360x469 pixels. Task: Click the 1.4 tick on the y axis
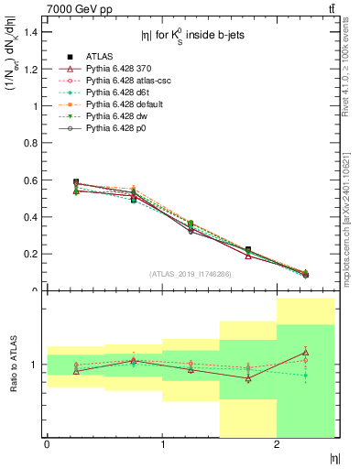[32, 32]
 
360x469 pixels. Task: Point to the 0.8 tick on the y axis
[32, 143]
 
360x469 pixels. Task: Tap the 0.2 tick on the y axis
[32, 254]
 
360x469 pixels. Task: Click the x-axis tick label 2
[277, 444]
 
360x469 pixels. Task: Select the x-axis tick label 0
[47, 444]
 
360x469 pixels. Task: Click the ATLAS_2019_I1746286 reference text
[191, 273]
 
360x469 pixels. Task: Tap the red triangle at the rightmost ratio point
[305, 352]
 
